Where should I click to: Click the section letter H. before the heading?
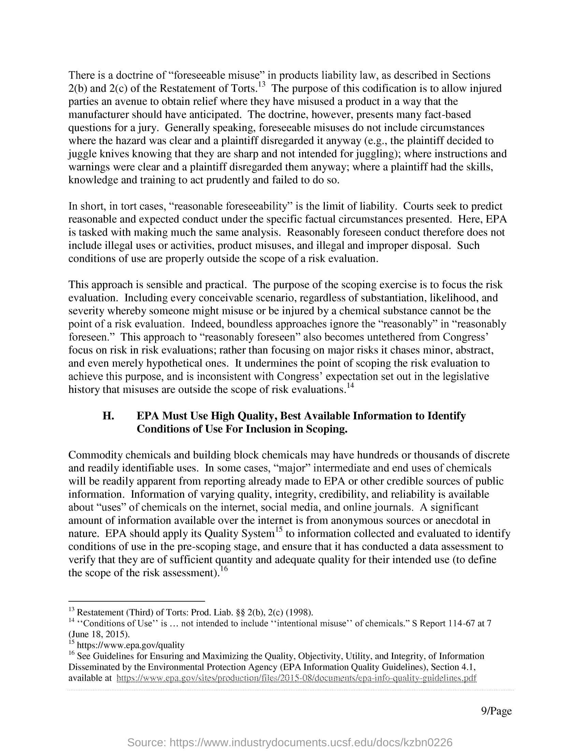[x=108, y=416]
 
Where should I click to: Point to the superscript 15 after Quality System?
[x=278, y=530]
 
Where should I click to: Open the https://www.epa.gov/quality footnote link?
[x=131, y=645]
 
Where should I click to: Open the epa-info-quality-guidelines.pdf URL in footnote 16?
[x=296, y=678]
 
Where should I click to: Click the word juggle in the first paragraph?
[x=82, y=154]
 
